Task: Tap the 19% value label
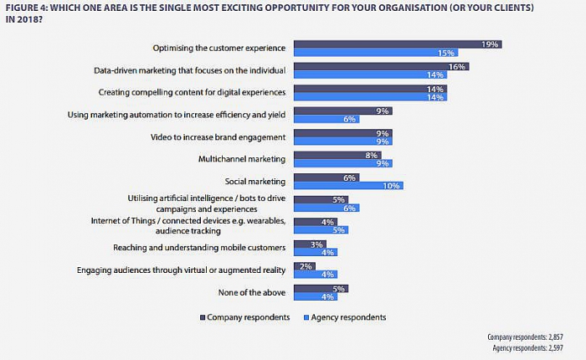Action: coord(491,44)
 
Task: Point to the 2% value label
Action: coord(306,265)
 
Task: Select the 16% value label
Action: coord(458,66)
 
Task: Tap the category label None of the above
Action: coord(257,292)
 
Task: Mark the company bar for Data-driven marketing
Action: coord(382,66)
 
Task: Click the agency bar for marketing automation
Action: coord(327,119)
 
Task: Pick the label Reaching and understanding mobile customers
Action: coord(199,247)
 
